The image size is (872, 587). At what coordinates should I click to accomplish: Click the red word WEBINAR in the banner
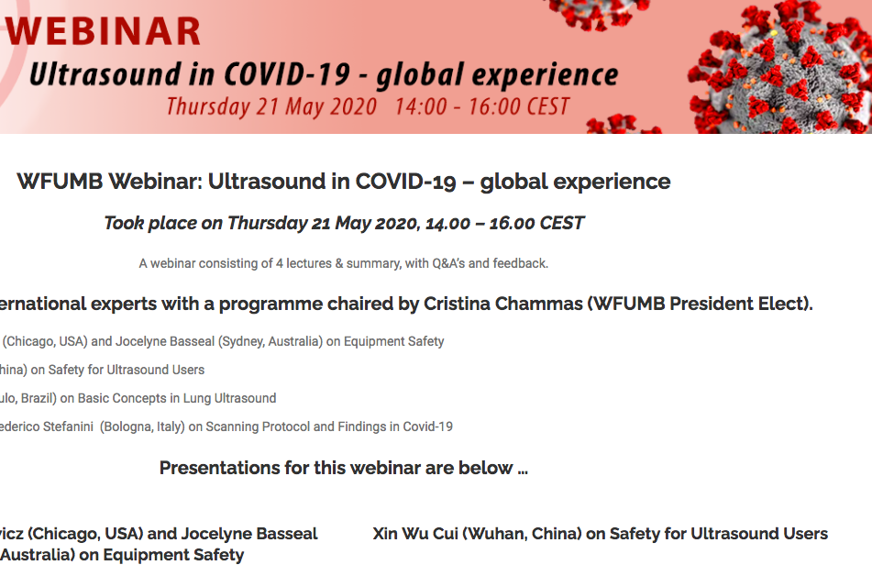104,31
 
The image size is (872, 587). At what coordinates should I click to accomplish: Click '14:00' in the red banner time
421,106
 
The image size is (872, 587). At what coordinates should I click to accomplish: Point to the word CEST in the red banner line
547,106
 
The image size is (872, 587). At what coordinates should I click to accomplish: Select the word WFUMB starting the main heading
61,182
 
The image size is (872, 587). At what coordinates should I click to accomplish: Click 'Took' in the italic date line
124,223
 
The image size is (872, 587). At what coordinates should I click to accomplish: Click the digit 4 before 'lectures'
280,263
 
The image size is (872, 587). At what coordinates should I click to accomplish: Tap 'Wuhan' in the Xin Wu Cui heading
494,534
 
